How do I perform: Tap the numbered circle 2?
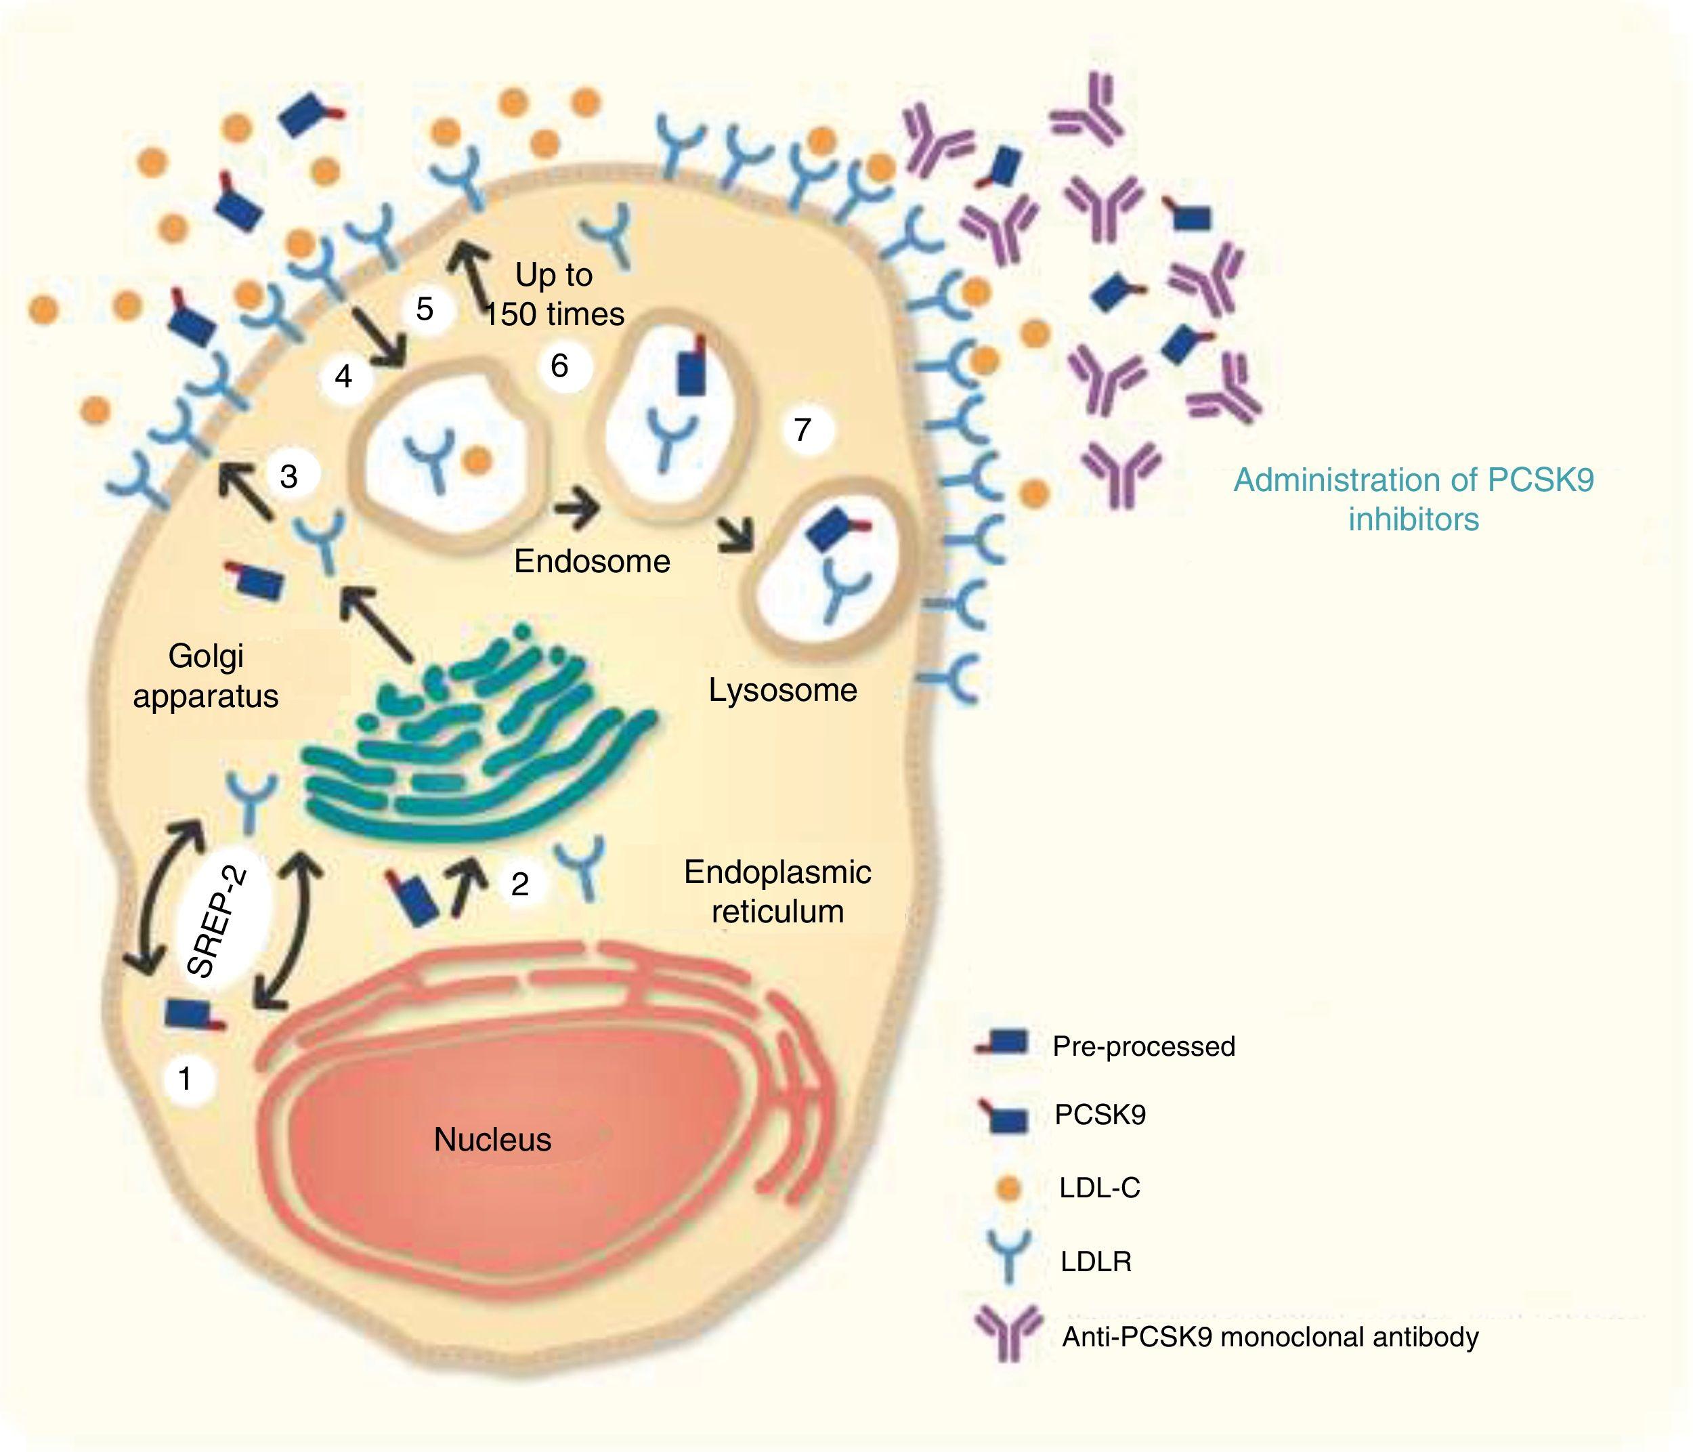[519, 883]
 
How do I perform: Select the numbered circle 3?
[289, 475]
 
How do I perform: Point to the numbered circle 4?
[344, 377]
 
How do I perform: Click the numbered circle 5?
[424, 309]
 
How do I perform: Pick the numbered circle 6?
[559, 365]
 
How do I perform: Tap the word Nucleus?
[493, 1139]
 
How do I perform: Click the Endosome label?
[593, 561]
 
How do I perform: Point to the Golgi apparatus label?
[206, 676]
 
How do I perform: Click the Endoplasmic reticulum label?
[777, 891]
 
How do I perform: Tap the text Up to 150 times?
[555, 294]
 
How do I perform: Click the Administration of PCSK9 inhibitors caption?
[1413, 499]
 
